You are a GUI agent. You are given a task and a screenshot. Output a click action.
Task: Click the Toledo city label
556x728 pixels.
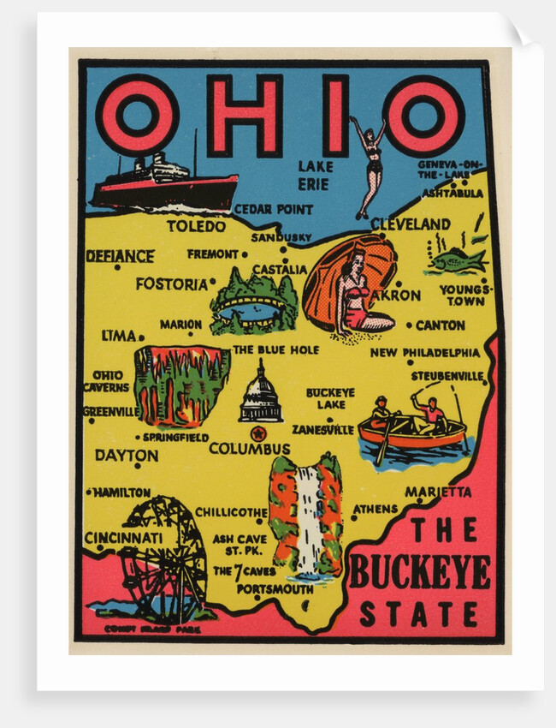coord(196,226)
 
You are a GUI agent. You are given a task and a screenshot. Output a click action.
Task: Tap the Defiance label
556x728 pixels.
coord(120,256)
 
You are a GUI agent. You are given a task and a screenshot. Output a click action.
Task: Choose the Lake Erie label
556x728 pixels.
coord(314,174)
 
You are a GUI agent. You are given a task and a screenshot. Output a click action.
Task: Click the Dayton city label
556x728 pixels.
coord(126,456)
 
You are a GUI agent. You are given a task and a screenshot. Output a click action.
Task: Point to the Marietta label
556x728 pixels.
coord(437,492)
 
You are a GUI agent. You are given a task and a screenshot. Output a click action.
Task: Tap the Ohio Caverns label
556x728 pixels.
coord(106,381)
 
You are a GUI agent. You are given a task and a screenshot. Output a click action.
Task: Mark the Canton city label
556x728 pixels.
coord(440,325)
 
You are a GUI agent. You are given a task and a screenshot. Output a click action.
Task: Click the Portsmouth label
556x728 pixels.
coord(275,589)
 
